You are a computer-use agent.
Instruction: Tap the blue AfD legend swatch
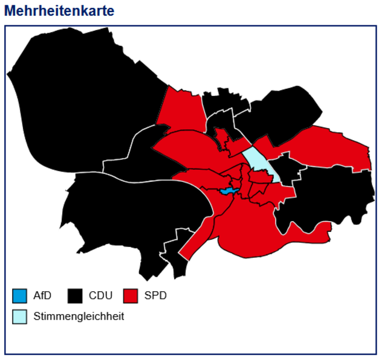click(x=19, y=296)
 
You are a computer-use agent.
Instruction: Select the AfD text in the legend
click(x=43, y=296)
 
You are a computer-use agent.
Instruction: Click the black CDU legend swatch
click(x=75, y=296)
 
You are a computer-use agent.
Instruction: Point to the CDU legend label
click(x=100, y=296)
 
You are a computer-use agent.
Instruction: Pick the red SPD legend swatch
click(x=131, y=296)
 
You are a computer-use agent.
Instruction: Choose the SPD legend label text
click(x=155, y=296)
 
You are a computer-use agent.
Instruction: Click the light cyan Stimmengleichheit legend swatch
click(x=19, y=316)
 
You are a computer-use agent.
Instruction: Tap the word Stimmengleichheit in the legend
click(x=79, y=316)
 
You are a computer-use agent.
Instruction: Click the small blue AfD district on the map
click(x=227, y=191)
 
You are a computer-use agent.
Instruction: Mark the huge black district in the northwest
click(x=79, y=97)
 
